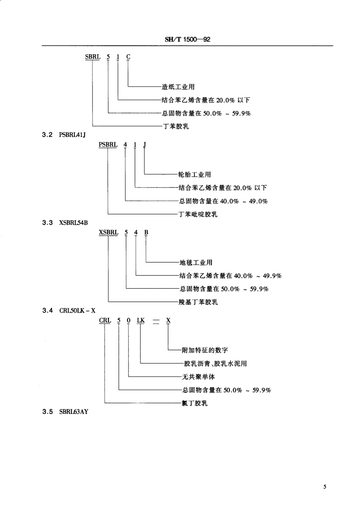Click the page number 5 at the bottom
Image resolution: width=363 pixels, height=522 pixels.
pos(325,487)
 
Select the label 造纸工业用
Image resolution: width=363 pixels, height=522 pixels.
pos(178,87)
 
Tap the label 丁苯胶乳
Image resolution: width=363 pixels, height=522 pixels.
pos(175,126)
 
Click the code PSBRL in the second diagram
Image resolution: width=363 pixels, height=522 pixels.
pos(108,145)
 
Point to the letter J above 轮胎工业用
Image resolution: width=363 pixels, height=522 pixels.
pos(144,145)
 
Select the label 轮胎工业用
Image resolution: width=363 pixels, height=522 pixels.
pos(194,175)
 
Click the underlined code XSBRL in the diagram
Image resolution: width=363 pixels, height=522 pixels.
pos(109,232)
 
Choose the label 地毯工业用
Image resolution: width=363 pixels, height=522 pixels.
pos(196,263)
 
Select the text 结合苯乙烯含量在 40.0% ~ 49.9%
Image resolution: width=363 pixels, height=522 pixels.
pos(230,276)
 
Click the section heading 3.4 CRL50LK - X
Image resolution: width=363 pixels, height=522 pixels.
pos(68,311)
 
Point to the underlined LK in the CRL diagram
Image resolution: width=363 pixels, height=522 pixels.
pos(141,320)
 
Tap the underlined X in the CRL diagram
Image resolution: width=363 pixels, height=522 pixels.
pos(168,320)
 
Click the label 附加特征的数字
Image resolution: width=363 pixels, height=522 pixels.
pos(205,350)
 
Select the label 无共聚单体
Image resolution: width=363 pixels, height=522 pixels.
pos(198,377)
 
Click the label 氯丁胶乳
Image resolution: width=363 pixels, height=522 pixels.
pos(194,403)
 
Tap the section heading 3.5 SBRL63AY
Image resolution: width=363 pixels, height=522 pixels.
pos(65,412)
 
